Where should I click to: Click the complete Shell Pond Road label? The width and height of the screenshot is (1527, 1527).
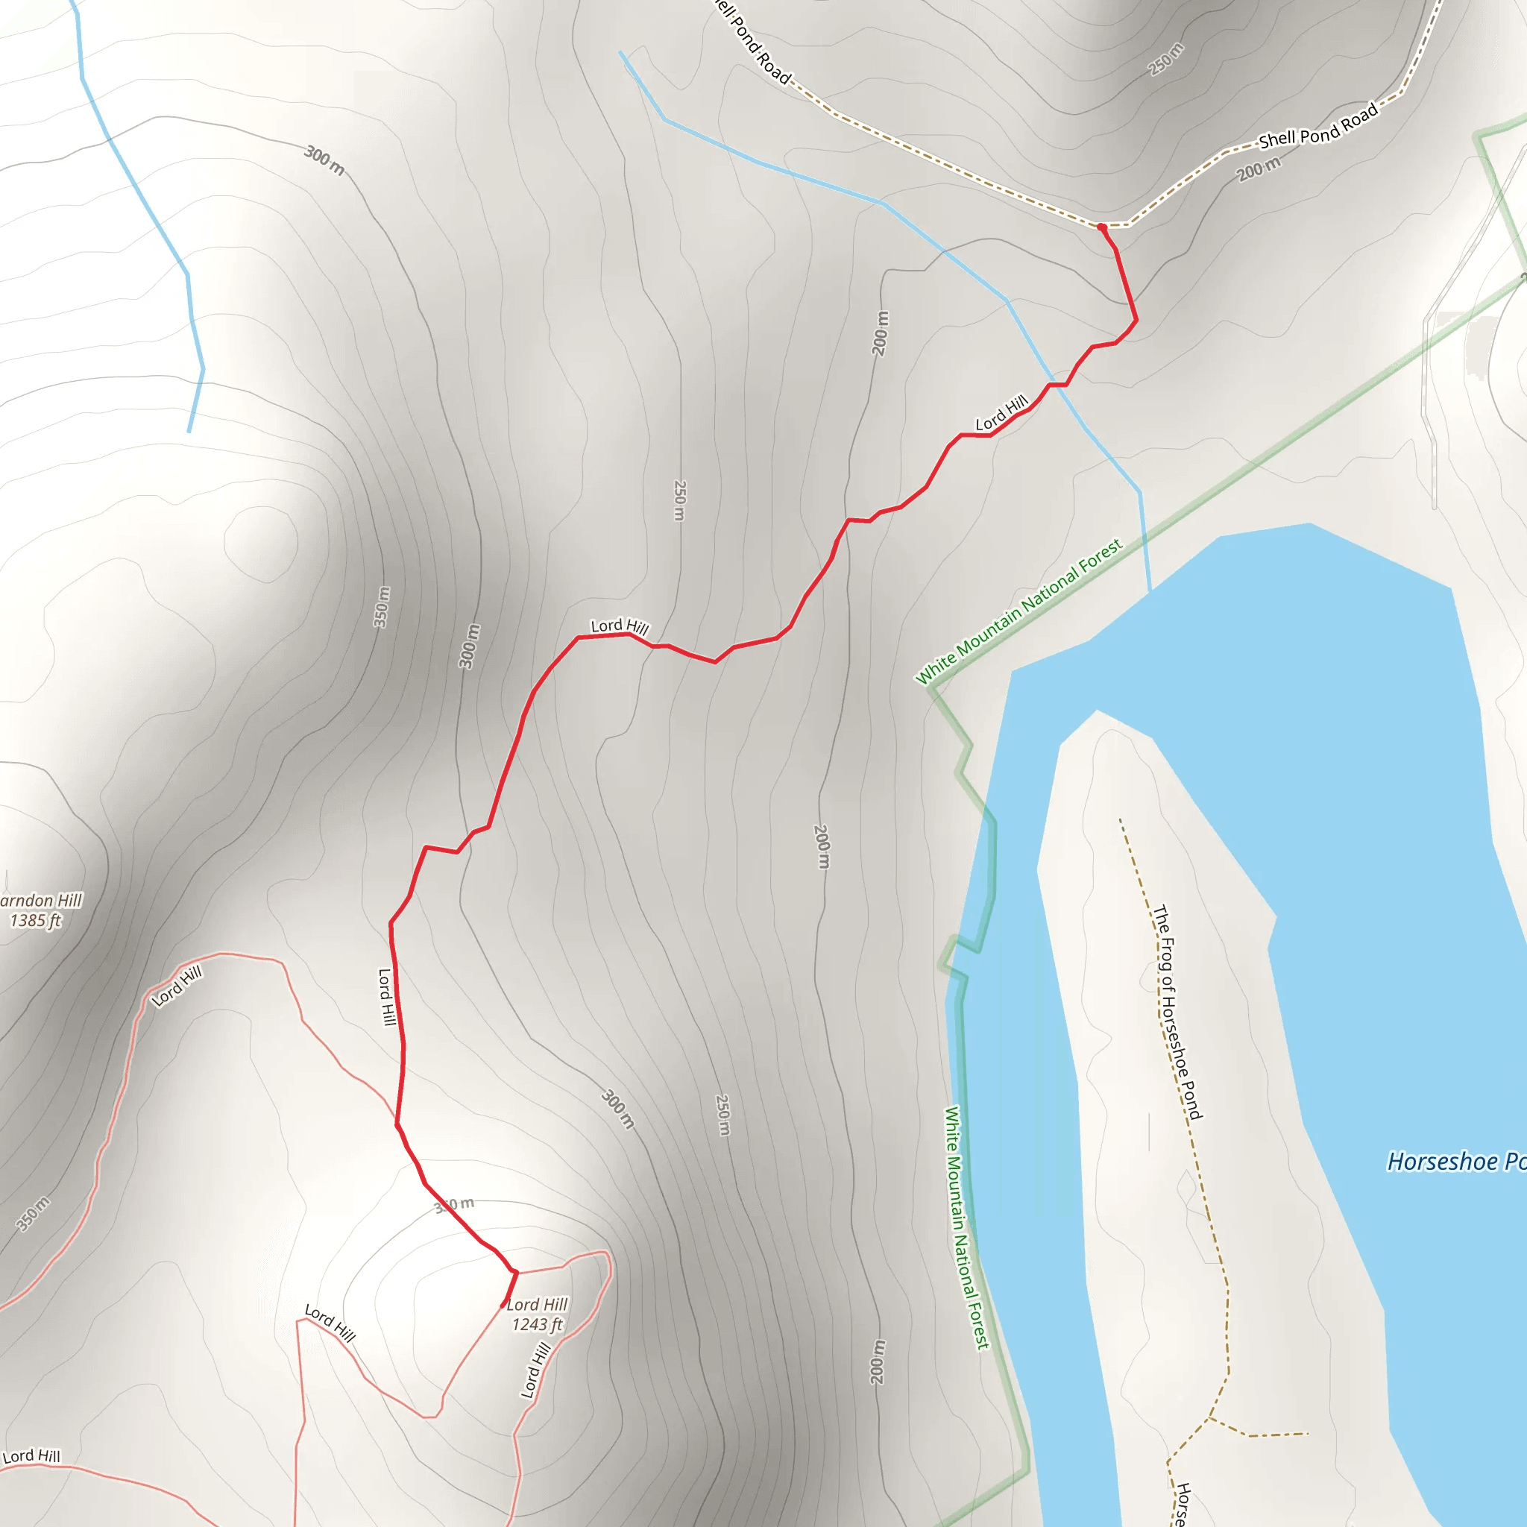(x=1318, y=127)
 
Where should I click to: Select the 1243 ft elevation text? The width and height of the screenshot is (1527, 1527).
(x=537, y=1325)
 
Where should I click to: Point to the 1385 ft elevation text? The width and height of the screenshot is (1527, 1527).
(x=36, y=920)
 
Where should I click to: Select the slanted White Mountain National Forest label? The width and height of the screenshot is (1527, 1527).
(x=1018, y=611)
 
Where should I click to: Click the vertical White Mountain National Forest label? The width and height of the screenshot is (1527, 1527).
(x=966, y=1227)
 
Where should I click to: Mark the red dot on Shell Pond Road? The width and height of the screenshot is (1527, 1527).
(x=1101, y=227)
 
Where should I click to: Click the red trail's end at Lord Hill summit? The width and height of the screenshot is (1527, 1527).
(x=503, y=1305)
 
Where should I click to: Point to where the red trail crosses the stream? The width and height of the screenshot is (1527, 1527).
(x=1057, y=385)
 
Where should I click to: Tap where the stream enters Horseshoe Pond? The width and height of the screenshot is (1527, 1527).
(x=1149, y=590)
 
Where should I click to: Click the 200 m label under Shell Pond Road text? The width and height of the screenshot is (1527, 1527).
(x=1259, y=169)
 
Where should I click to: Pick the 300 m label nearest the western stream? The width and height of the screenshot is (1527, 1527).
(x=324, y=160)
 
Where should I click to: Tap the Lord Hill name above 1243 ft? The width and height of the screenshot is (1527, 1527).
(x=538, y=1304)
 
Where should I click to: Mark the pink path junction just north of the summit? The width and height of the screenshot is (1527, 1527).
(x=516, y=1272)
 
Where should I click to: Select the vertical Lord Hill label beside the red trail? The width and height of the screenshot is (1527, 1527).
(x=385, y=997)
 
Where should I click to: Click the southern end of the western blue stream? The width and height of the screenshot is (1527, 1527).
(x=189, y=432)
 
